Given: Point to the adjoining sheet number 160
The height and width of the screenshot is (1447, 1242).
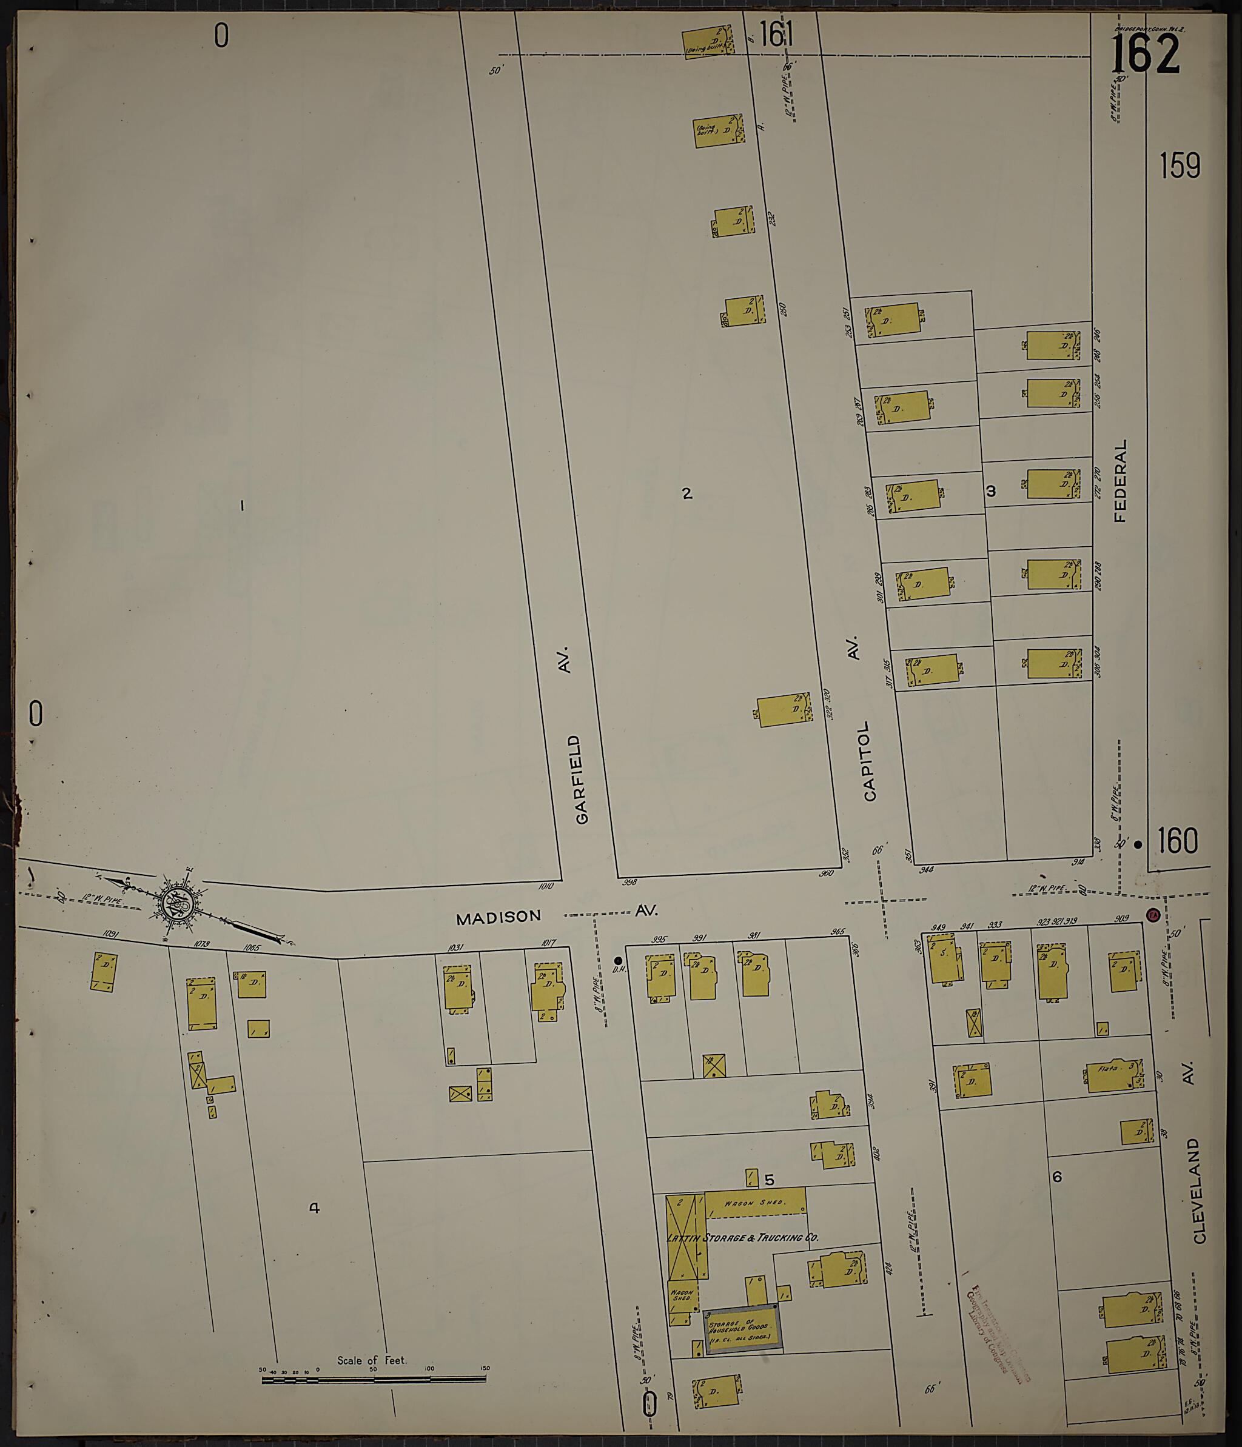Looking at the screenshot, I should tap(1177, 841).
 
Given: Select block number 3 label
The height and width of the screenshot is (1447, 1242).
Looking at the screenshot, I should tap(990, 491).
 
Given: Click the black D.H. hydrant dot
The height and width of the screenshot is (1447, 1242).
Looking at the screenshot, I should tap(617, 960).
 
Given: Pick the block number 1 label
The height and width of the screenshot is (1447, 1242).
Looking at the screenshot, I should tap(242, 505).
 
